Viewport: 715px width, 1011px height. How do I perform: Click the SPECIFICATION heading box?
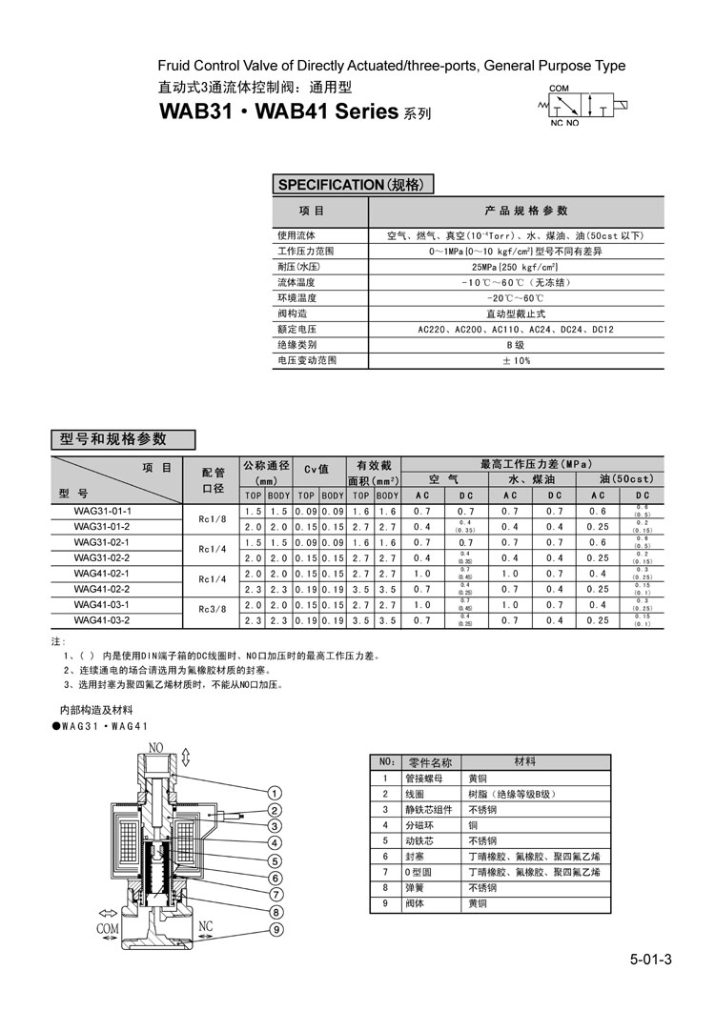click(354, 185)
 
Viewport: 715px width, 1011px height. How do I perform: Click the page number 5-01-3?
click(651, 959)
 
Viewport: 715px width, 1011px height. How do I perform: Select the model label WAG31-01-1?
click(102, 512)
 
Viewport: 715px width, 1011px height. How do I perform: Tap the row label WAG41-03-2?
click(102, 620)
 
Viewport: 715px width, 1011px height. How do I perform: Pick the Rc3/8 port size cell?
click(214, 613)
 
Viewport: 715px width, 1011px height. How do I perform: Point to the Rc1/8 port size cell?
click(214, 519)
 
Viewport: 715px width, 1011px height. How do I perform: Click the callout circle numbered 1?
click(274, 793)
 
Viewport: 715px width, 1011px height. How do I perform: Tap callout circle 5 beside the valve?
click(275, 860)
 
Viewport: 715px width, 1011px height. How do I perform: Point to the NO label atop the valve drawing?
click(156, 746)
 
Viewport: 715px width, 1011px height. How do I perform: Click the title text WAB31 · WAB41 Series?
click(277, 111)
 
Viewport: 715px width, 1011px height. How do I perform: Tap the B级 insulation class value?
click(516, 345)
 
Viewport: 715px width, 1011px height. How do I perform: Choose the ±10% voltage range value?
click(516, 361)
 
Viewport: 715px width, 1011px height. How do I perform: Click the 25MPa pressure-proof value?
click(516, 267)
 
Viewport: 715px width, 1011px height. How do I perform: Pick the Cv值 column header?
click(317, 470)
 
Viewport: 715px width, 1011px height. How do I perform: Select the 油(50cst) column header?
click(626, 479)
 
